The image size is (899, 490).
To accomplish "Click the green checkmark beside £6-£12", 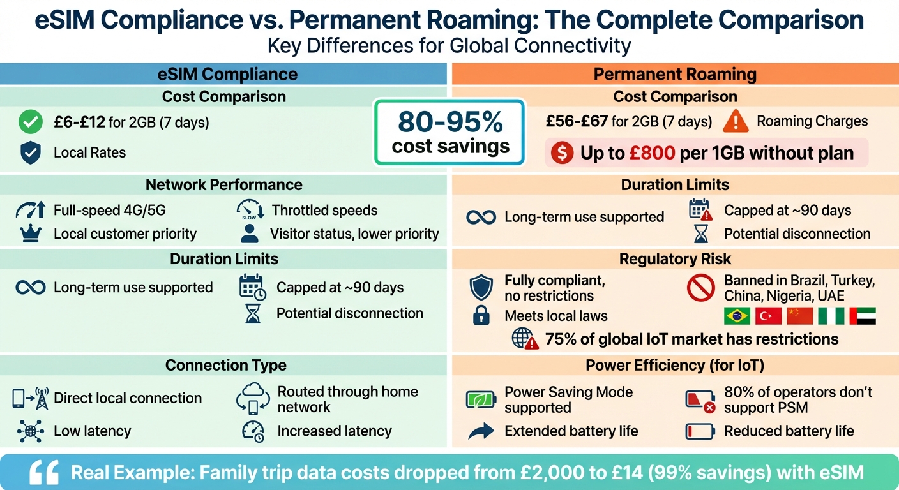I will pyautogui.click(x=30, y=122).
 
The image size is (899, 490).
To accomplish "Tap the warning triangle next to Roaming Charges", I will pyautogui.click(x=736, y=121).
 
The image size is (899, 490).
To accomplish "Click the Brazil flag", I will pyautogui.click(x=736, y=316).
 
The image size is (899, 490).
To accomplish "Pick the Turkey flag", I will pyautogui.click(x=767, y=316).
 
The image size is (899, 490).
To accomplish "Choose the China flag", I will pyautogui.click(x=799, y=316).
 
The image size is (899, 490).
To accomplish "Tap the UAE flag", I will pyautogui.click(x=863, y=316).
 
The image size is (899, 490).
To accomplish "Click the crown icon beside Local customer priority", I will pyautogui.click(x=30, y=234).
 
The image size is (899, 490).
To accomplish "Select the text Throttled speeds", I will pyautogui.click(x=324, y=210).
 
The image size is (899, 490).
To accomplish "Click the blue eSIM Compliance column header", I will pyautogui.click(x=227, y=74).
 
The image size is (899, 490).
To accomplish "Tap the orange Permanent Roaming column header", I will pyautogui.click(x=675, y=74).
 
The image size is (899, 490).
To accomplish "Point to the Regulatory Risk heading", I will pyautogui.click(x=675, y=258).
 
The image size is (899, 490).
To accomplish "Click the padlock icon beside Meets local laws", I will pyautogui.click(x=481, y=316).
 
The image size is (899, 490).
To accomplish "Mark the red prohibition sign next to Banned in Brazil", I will pyautogui.click(x=700, y=288).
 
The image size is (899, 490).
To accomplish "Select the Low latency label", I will pyautogui.click(x=92, y=431).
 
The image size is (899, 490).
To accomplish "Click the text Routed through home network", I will pyautogui.click(x=347, y=399).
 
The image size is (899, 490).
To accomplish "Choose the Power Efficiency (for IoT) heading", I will pyautogui.click(x=675, y=365).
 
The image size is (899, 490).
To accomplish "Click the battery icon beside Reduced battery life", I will pyautogui.click(x=700, y=431).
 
